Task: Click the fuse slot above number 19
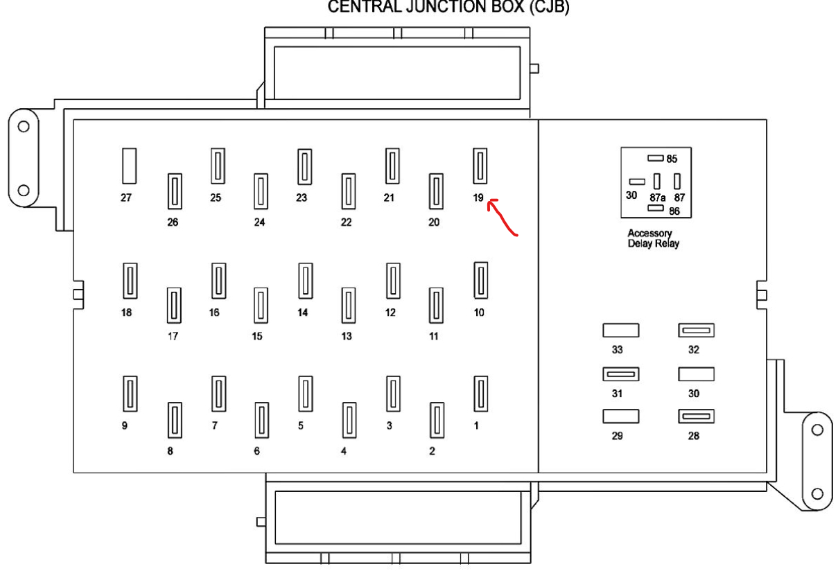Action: click(x=479, y=166)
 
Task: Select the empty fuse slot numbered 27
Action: click(x=129, y=166)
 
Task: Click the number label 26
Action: click(x=172, y=222)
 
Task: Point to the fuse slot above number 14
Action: click(x=304, y=281)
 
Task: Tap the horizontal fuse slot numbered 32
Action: click(x=697, y=331)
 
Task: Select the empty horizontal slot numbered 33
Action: click(x=620, y=331)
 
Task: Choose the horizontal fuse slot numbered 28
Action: click(x=697, y=416)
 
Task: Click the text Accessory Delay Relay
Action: click(x=653, y=238)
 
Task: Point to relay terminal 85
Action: click(x=656, y=158)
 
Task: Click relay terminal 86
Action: click(x=656, y=207)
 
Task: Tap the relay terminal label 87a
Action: click(x=658, y=197)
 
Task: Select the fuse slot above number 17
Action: click(x=173, y=306)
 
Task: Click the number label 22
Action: click(x=346, y=222)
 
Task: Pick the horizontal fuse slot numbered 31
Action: click(x=620, y=374)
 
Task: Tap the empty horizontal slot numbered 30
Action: click(x=697, y=374)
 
